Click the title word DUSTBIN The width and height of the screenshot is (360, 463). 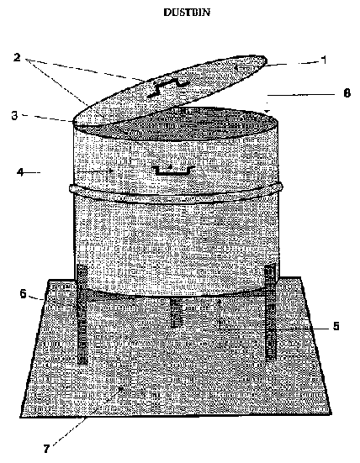(x=187, y=13)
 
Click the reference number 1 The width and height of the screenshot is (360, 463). (x=324, y=60)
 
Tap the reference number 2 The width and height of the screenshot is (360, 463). (x=17, y=57)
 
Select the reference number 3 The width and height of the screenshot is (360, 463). (x=14, y=115)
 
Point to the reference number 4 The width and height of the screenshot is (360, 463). (x=20, y=172)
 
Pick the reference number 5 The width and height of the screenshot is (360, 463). (x=336, y=326)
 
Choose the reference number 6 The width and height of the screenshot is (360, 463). (x=23, y=294)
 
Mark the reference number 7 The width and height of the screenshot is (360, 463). (x=46, y=449)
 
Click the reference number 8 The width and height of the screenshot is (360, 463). (x=347, y=93)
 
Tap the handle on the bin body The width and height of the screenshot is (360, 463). (x=173, y=171)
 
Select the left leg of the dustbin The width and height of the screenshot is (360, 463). (x=82, y=314)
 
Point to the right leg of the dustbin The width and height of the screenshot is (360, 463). (x=271, y=312)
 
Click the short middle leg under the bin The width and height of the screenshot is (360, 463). (x=177, y=313)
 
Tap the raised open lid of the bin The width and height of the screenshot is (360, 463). (x=170, y=88)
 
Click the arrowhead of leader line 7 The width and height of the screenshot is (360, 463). (x=121, y=388)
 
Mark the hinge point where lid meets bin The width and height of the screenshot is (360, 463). (x=74, y=121)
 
